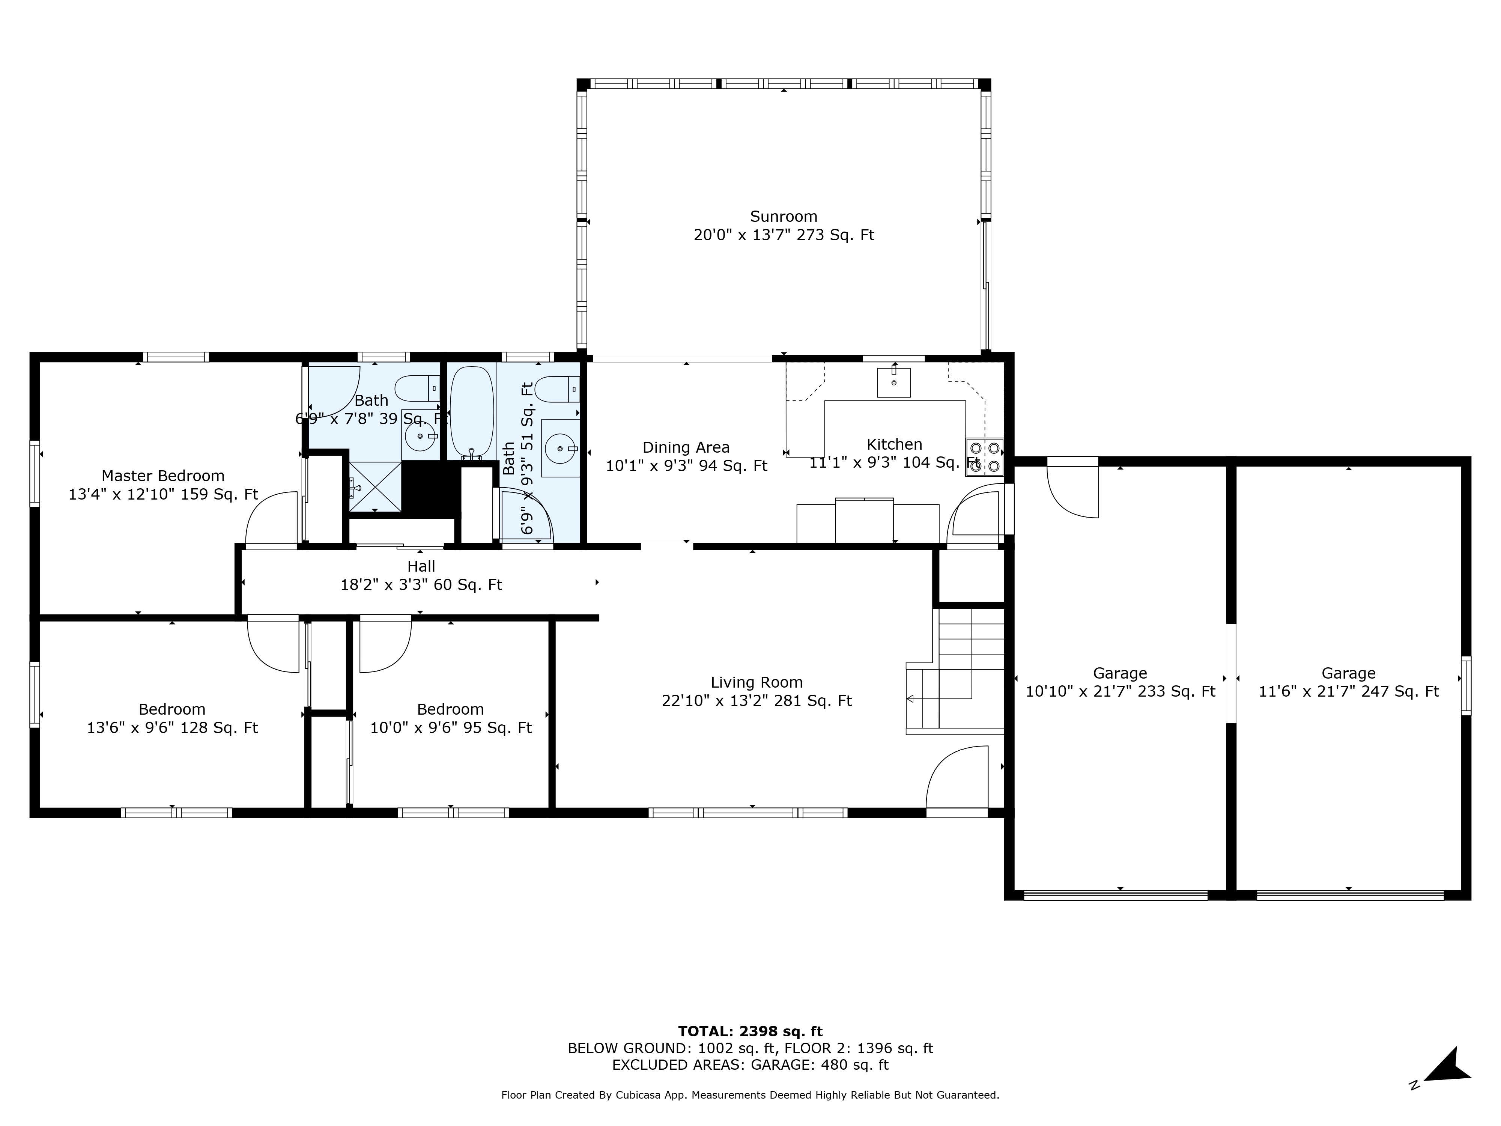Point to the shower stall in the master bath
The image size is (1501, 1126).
tap(374, 486)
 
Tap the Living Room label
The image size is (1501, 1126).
tap(757, 682)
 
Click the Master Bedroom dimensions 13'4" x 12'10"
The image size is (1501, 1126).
tap(163, 494)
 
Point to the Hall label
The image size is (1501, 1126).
tap(421, 566)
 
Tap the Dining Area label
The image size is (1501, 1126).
tap(686, 447)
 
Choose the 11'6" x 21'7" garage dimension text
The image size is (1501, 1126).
tap(1348, 692)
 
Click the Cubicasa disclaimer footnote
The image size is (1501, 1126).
tap(750, 1095)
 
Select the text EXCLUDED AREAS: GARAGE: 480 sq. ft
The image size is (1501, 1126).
tap(750, 1065)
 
